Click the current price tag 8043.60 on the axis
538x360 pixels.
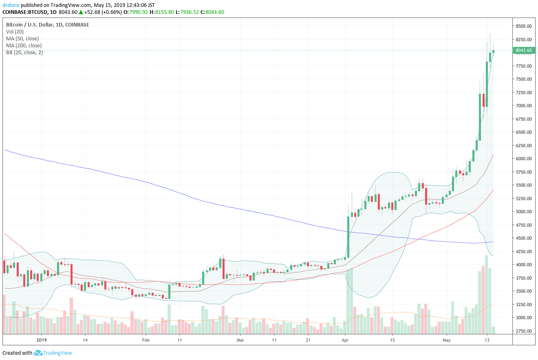523,51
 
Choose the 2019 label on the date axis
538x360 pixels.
42,339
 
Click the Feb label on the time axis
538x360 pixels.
146,339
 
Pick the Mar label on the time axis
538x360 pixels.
240,339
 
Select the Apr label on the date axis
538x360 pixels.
345,339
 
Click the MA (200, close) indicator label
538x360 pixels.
24,46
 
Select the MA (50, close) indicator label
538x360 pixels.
22,39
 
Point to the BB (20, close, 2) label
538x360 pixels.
24,53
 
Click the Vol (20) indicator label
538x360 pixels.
15,32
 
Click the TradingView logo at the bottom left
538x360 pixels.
53,353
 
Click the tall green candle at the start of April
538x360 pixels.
348,237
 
